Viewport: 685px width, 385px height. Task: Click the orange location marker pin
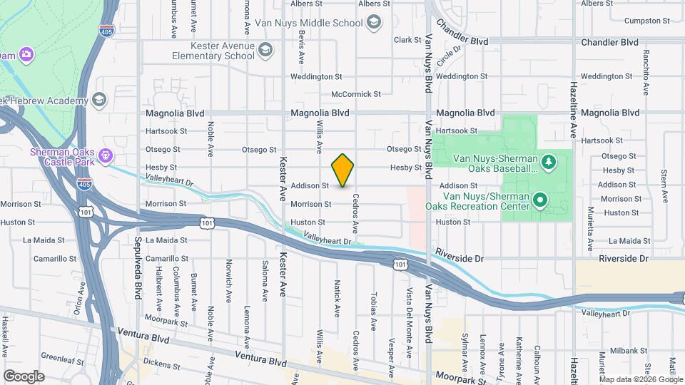342,170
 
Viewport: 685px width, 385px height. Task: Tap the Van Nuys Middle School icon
372,23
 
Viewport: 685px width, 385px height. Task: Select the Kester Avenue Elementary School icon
265,49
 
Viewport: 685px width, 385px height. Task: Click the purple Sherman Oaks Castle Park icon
106,153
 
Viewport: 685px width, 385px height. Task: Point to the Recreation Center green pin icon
540,200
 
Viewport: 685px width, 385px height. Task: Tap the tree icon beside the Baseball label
548,163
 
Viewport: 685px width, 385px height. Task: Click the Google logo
24,376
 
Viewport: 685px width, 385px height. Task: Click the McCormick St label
356,94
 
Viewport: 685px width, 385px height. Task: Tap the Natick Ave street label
336,298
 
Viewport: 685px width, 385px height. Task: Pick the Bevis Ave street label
302,46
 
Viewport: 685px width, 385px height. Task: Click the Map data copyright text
640,379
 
